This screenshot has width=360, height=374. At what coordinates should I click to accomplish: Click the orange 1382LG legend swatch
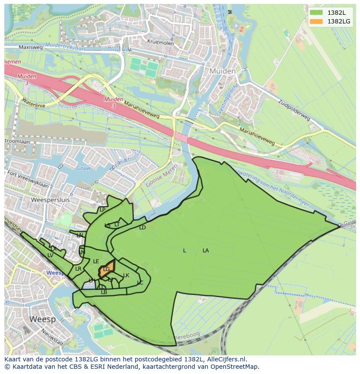point(317,21)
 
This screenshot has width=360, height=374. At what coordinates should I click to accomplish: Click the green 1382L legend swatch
point(317,13)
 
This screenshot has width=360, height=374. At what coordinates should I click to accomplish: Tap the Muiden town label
point(222,71)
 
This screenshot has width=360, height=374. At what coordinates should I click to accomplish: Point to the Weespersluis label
point(50,200)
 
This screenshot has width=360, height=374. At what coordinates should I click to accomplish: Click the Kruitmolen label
point(160,43)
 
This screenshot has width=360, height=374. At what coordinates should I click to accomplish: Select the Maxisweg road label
point(31,47)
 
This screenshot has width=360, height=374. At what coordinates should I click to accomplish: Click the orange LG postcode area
point(107,269)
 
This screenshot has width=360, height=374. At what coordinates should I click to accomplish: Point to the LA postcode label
point(206,251)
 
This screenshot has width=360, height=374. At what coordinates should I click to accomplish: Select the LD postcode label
point(142,228)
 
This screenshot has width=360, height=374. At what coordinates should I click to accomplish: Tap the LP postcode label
point(103,210)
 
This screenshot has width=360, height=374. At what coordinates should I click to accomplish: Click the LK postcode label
point(126,275)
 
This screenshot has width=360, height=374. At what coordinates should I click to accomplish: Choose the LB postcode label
point(104,292)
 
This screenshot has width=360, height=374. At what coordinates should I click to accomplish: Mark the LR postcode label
point(78,269)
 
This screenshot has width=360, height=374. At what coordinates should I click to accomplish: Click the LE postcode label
point(96,261)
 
